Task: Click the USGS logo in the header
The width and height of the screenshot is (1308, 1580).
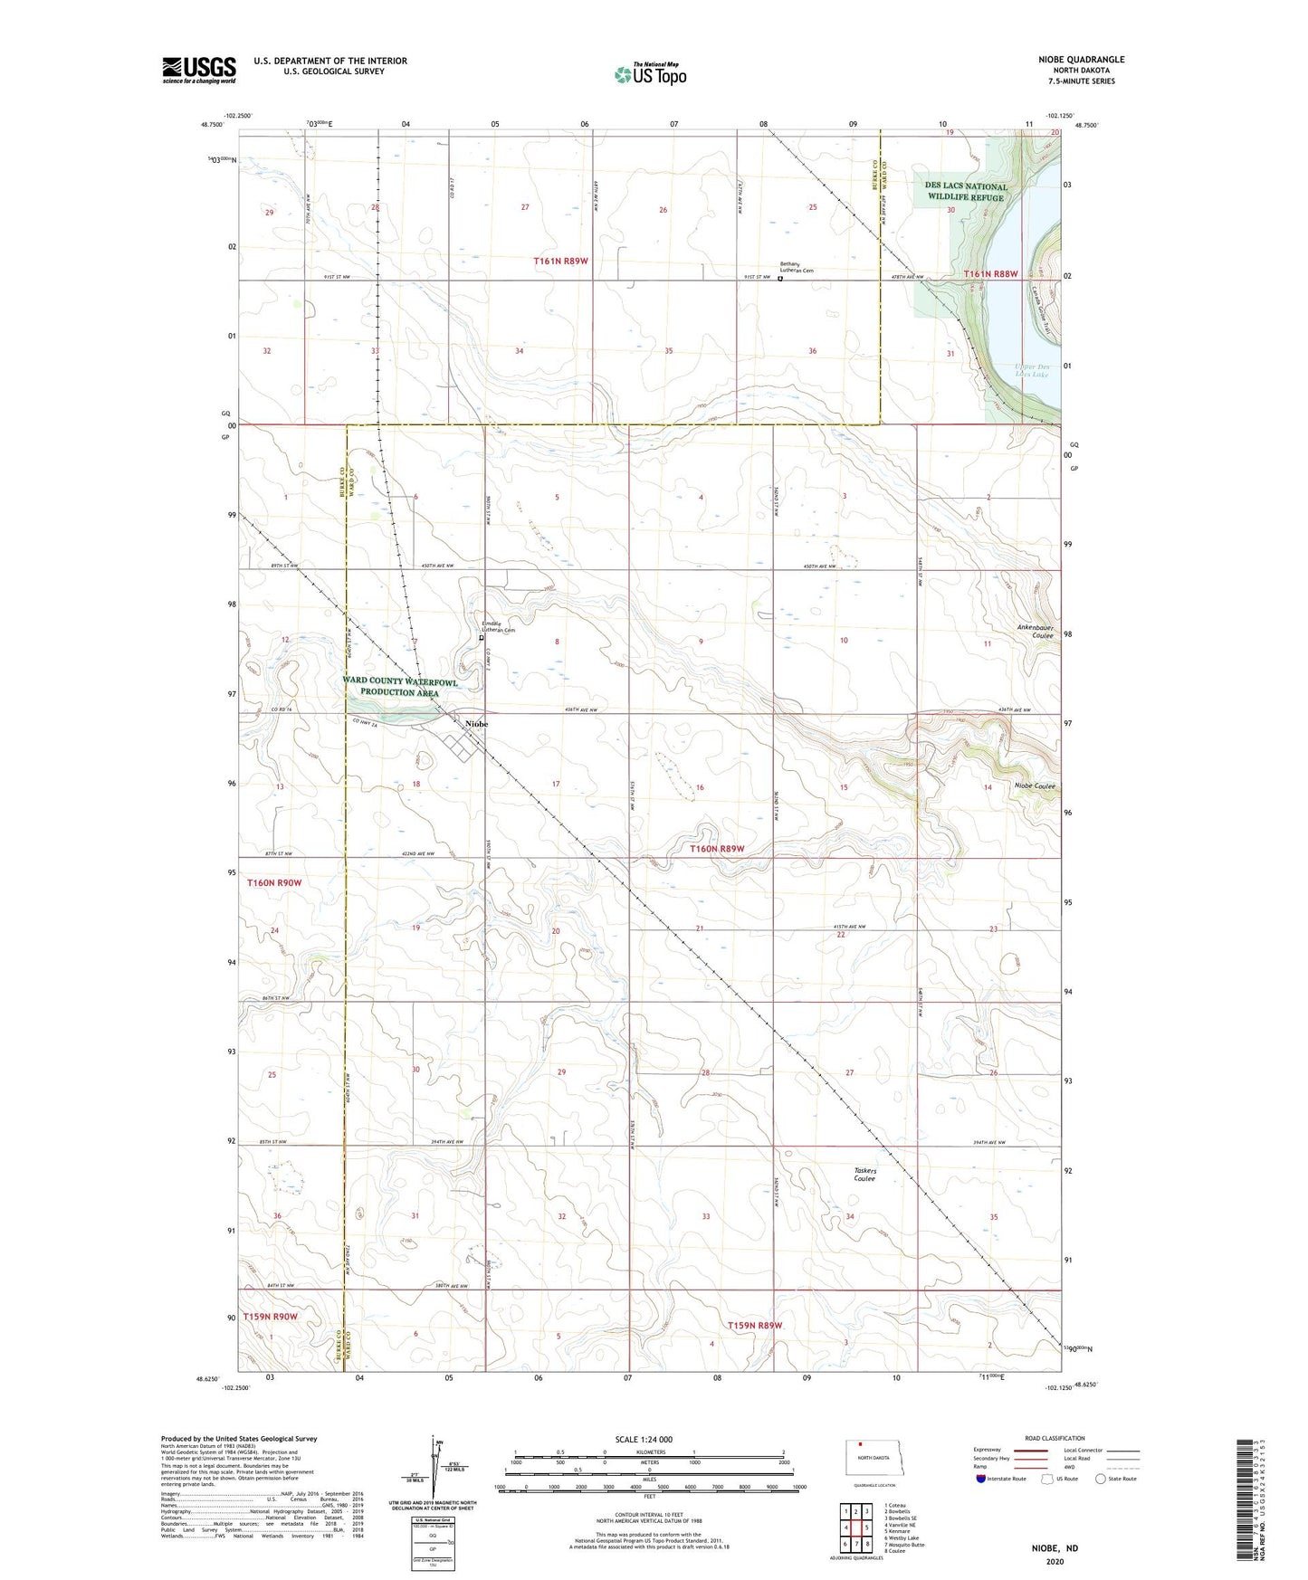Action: [x=198, y=70]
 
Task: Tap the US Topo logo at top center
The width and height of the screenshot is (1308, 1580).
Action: [x=649, y=74]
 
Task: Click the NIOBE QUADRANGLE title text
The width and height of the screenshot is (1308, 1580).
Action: [x=1081, y=60]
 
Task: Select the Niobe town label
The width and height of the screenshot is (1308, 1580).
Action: [x=476, y=724]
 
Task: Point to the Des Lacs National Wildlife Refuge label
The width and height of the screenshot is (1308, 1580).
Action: [x=965, y=192]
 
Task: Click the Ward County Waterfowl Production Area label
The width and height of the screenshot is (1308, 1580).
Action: [x=399, y=687]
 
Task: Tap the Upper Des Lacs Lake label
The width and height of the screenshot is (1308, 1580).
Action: [x=1031, y=370]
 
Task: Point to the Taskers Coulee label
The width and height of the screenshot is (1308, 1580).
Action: [x=864, y=1175]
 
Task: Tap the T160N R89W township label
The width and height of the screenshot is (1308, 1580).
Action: [x=717, y=849]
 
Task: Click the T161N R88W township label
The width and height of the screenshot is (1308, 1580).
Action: [x=990, y=273]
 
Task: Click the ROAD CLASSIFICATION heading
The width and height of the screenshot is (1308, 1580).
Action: [x=1055, y=1438]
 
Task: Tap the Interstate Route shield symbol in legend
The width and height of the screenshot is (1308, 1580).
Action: [x=982, y=1479]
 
